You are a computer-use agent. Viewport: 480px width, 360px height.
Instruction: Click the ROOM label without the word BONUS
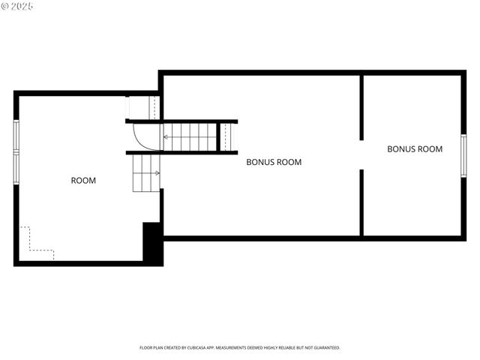coord(83,180)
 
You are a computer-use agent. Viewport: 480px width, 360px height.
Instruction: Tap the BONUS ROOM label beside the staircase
coord(274,162)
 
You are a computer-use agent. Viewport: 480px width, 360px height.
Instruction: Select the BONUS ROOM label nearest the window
coord(415,148)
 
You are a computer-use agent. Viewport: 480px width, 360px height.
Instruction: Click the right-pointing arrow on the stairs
coord(157,173)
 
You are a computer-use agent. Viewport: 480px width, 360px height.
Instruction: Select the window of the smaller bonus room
coord(463,155)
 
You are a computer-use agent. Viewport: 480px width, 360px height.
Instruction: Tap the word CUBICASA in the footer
coord(205,348)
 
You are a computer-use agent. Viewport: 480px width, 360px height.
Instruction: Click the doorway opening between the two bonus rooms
coord(361,155)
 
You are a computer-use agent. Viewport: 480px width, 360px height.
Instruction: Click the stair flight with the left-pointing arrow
coord(191,137)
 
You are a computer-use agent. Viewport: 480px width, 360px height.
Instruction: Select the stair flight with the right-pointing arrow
coord(146,173)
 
